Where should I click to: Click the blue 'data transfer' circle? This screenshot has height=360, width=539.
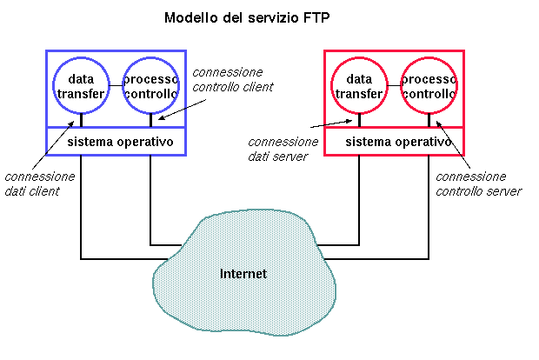81,86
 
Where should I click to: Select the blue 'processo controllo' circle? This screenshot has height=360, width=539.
150,86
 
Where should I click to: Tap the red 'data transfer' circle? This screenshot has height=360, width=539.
359,86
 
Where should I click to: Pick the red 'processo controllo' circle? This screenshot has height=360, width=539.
429,86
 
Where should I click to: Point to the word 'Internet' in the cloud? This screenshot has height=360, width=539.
243,274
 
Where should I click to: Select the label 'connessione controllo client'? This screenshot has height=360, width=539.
232,79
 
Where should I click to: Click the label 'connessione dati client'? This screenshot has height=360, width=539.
39,183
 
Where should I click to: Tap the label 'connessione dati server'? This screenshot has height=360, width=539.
283,149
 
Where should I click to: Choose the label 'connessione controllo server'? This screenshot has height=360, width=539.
477,183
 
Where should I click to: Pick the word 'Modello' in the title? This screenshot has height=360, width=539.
189,17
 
